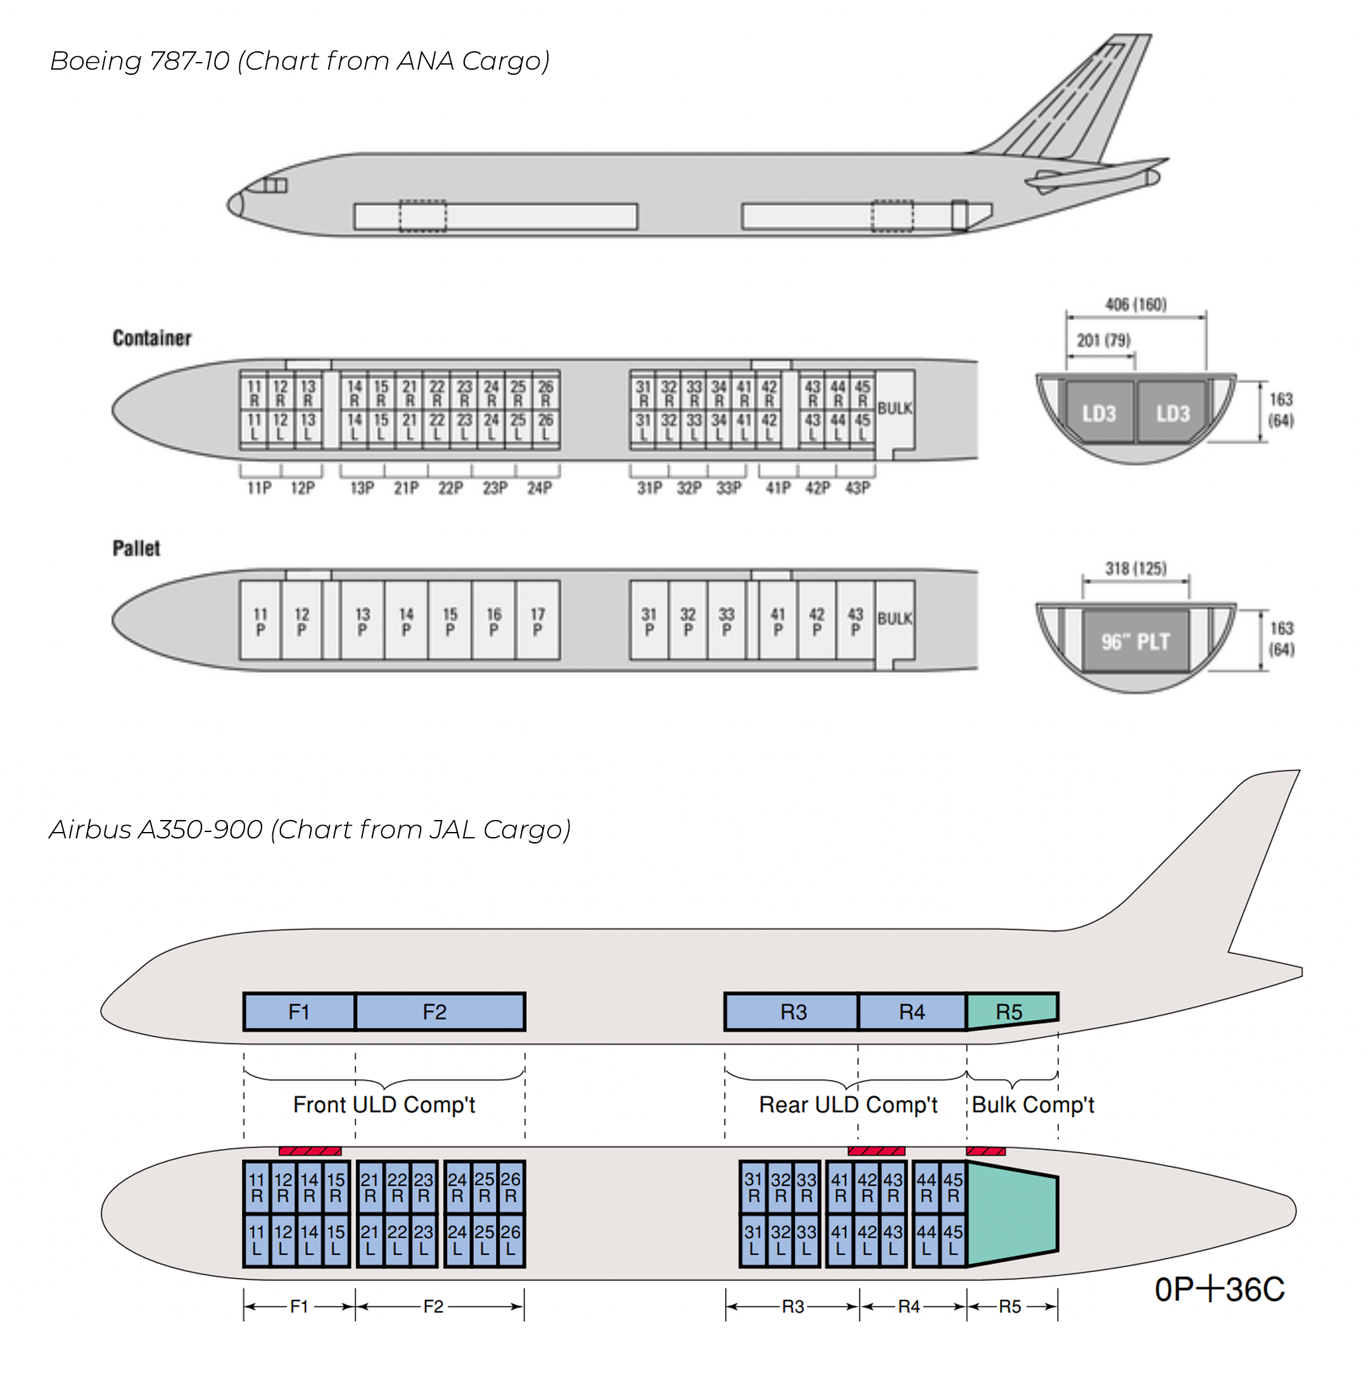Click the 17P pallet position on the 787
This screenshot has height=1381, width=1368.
(538, 621)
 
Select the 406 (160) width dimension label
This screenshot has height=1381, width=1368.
(1136, 305)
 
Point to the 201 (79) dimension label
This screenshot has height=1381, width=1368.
(1103, 340)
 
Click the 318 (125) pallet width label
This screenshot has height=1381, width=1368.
(1136, 568)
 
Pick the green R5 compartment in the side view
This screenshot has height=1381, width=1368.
(1010, 1011)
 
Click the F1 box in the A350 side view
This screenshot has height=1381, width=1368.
(299, 1011)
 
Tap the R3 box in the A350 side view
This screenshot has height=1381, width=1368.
(793, 1011)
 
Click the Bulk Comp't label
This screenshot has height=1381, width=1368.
(1032, 1104)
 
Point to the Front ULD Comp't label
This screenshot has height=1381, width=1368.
(384, 1104)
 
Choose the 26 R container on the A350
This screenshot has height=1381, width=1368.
(510, 1187)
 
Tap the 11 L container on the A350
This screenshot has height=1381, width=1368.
(256, 1240)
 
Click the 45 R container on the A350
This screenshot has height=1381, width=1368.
(953, 1187)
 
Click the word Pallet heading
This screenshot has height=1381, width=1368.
(136, 548)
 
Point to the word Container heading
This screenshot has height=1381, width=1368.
(151, 338)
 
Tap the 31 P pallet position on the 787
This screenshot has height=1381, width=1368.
(649, 621)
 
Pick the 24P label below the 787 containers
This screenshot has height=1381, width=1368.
(539, 488)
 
